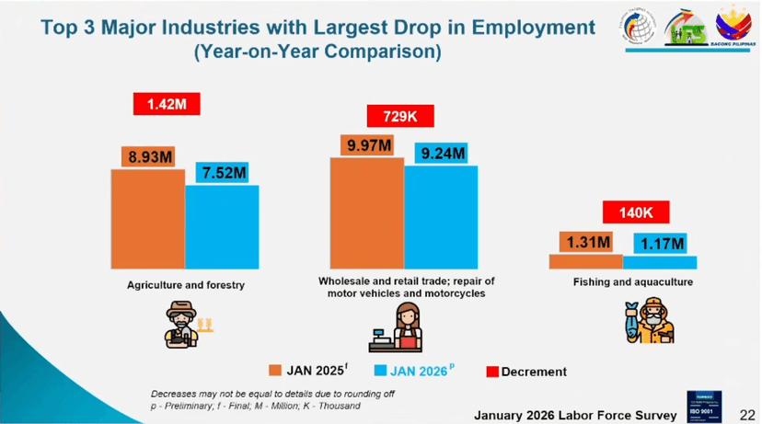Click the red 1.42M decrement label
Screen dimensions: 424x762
coord(167,104)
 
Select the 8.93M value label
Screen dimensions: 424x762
coord(151,156)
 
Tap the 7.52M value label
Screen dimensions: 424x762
coord(225,174)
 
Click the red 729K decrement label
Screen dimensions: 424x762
coord(400,117)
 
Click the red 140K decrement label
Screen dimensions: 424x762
coord(636,212)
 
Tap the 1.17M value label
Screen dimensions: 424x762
coord(664,243)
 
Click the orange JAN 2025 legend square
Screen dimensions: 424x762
coord(275,371)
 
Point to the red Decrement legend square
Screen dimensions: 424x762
coord(492,371)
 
